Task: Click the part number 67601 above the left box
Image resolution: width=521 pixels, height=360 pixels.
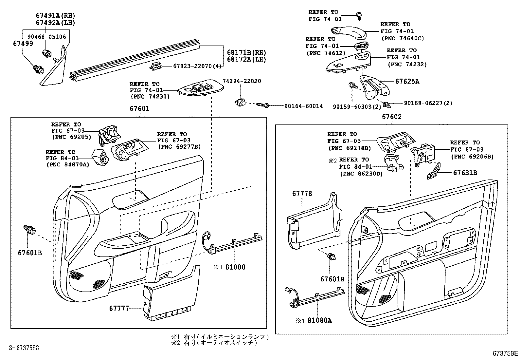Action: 139,108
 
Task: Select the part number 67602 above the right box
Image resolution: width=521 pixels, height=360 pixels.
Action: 392,117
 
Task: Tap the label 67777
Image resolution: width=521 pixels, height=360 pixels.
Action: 119,308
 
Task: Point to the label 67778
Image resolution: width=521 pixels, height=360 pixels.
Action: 302,194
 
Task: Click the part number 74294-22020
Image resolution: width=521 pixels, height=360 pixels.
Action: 242,81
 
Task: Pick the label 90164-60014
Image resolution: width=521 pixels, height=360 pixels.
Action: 303,106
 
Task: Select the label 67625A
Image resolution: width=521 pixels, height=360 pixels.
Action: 407,82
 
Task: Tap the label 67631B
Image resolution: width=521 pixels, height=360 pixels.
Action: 465,172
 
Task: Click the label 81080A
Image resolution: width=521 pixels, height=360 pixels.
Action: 319,320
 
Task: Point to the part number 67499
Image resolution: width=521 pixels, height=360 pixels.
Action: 23,44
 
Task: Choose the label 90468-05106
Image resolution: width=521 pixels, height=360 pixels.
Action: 46,37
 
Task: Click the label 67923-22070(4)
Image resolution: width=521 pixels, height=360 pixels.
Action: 197,66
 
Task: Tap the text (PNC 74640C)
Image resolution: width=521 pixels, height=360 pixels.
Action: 403,38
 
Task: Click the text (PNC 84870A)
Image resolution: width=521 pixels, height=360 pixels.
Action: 67,164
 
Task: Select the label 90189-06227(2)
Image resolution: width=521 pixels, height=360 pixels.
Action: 428,103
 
